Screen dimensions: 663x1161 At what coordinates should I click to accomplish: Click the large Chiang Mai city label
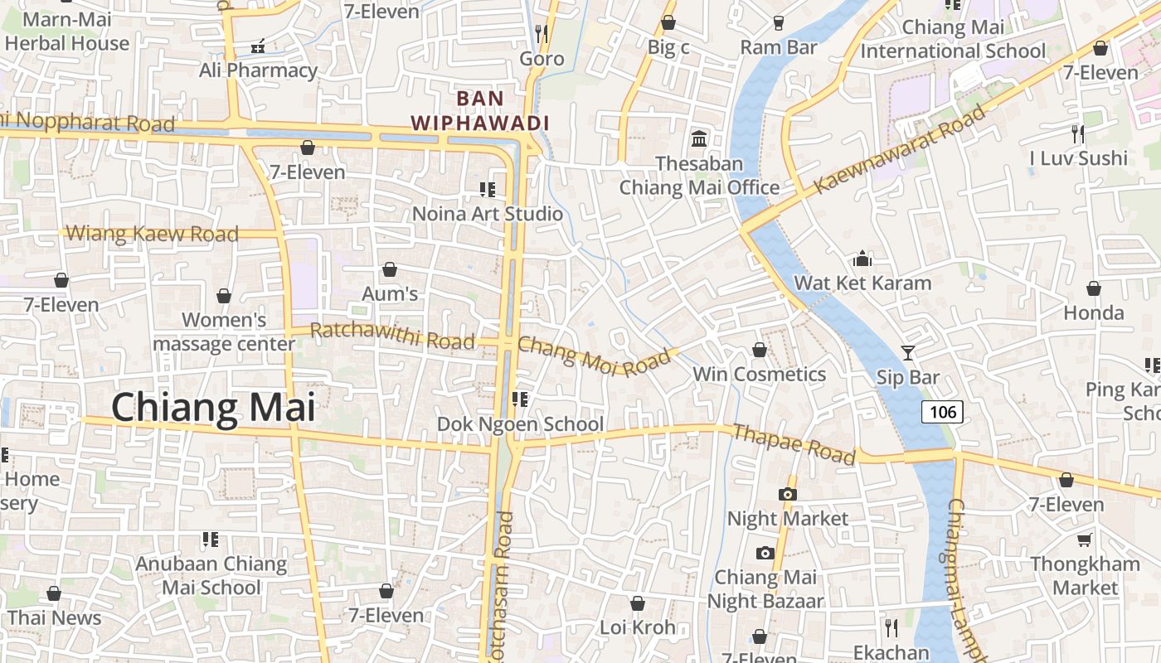(213, 408)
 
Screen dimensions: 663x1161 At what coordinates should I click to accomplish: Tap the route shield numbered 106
(942, 411)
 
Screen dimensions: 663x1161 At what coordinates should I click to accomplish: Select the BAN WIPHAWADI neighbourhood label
(480, 111)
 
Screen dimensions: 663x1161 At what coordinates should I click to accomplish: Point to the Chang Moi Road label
(593, 356)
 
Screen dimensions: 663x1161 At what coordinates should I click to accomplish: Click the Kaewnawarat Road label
(899, 150)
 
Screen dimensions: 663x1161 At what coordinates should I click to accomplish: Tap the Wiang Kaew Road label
(152, 234)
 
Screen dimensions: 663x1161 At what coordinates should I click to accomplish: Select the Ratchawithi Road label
(392, 336)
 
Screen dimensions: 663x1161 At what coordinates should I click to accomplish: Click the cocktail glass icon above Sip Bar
(908, 353)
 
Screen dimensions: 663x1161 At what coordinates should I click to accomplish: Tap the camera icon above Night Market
(788, 494)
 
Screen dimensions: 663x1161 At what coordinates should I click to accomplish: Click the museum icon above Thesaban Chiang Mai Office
(699, 138)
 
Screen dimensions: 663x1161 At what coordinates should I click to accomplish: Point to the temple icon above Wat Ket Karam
(862, 259)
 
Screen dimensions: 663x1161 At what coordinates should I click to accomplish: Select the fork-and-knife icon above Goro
(542, 33)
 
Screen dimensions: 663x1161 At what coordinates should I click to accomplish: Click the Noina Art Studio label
(488, 214)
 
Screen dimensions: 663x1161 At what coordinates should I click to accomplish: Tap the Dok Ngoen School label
(520, 424)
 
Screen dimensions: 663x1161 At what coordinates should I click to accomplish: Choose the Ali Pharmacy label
(258, 70)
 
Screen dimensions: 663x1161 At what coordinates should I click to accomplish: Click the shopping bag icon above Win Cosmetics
(760, 350)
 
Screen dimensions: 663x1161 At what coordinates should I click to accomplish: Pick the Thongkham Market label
(1085, 576)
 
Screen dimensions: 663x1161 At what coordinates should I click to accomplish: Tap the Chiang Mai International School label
(953, 39)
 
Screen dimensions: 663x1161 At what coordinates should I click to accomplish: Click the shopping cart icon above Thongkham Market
(1084, 540)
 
